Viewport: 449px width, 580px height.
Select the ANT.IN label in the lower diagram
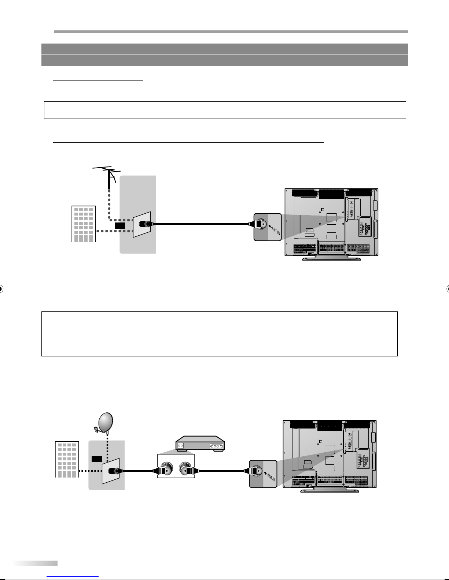coord(270,475)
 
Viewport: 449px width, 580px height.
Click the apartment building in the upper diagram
coord(83,224)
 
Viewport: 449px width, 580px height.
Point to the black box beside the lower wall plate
coord(96,459)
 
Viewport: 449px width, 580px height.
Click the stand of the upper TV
coord(331,257)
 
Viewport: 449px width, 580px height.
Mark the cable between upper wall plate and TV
coord(202,224)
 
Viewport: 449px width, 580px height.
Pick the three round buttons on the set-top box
coord(216,446)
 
